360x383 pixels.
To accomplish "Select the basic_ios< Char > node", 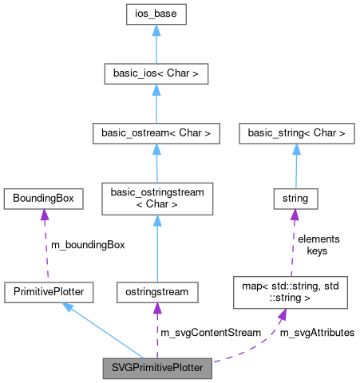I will click(156, 74).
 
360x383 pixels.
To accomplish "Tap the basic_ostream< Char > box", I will click(156, 132).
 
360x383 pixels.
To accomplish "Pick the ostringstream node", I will click(156, 292).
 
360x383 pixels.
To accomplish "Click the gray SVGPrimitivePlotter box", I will click(157, 369).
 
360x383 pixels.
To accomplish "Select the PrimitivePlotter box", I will click(49, 292).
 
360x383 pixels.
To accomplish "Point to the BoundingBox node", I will click(43, 196).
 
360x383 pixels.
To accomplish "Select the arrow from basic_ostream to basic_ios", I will click(156, 104).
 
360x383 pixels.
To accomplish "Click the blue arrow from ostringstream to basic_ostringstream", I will click(156, 247).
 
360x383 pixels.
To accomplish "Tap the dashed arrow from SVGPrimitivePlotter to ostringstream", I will click(156, 330).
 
